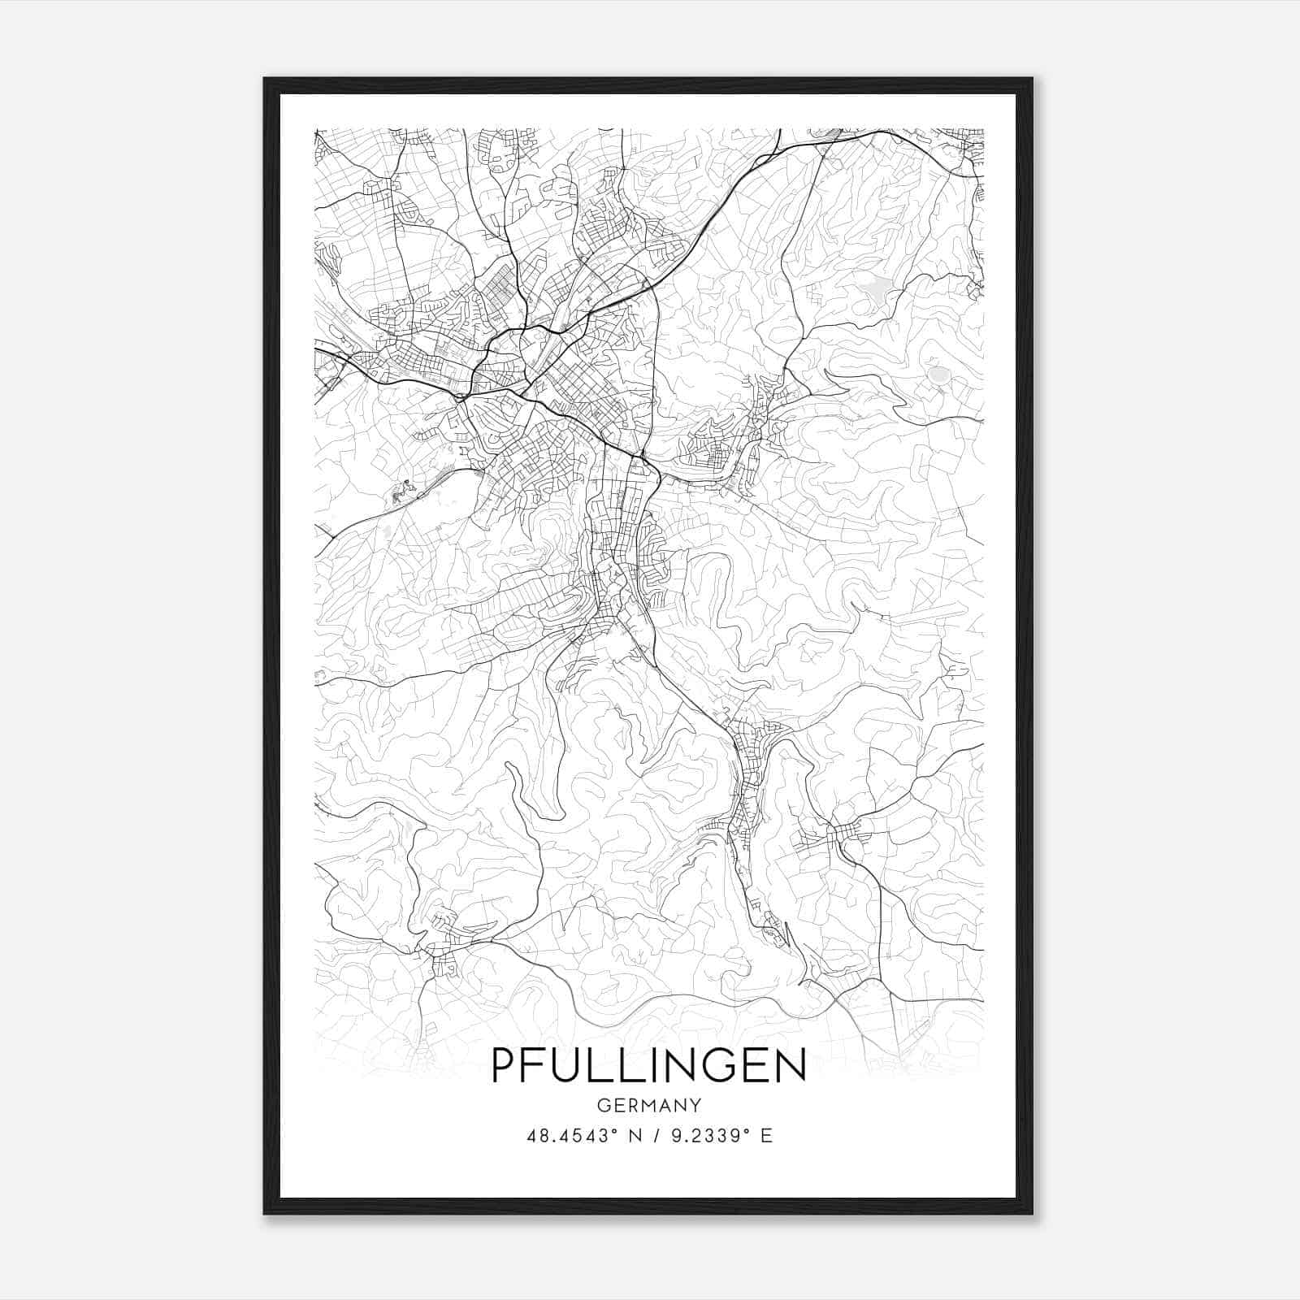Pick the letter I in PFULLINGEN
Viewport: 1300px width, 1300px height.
tap(656, 1064)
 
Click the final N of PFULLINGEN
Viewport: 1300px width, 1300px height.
tap(790, 1064)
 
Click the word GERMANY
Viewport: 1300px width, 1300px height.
tap(649, 1105)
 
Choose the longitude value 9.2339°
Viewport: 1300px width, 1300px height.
tap(705, 1135)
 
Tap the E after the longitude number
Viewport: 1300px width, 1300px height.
tap(766, 1135)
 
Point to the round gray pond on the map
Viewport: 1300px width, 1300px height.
tap(938, 375)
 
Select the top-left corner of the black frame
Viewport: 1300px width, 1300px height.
tap(265, 79)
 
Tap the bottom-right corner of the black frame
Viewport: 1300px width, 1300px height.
tap(1032, 1213)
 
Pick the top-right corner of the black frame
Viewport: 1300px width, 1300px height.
tap(1032, 79)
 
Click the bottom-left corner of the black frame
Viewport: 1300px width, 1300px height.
tap(265, 1213)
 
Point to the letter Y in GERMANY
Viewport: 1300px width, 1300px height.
tap(695, 1105)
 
